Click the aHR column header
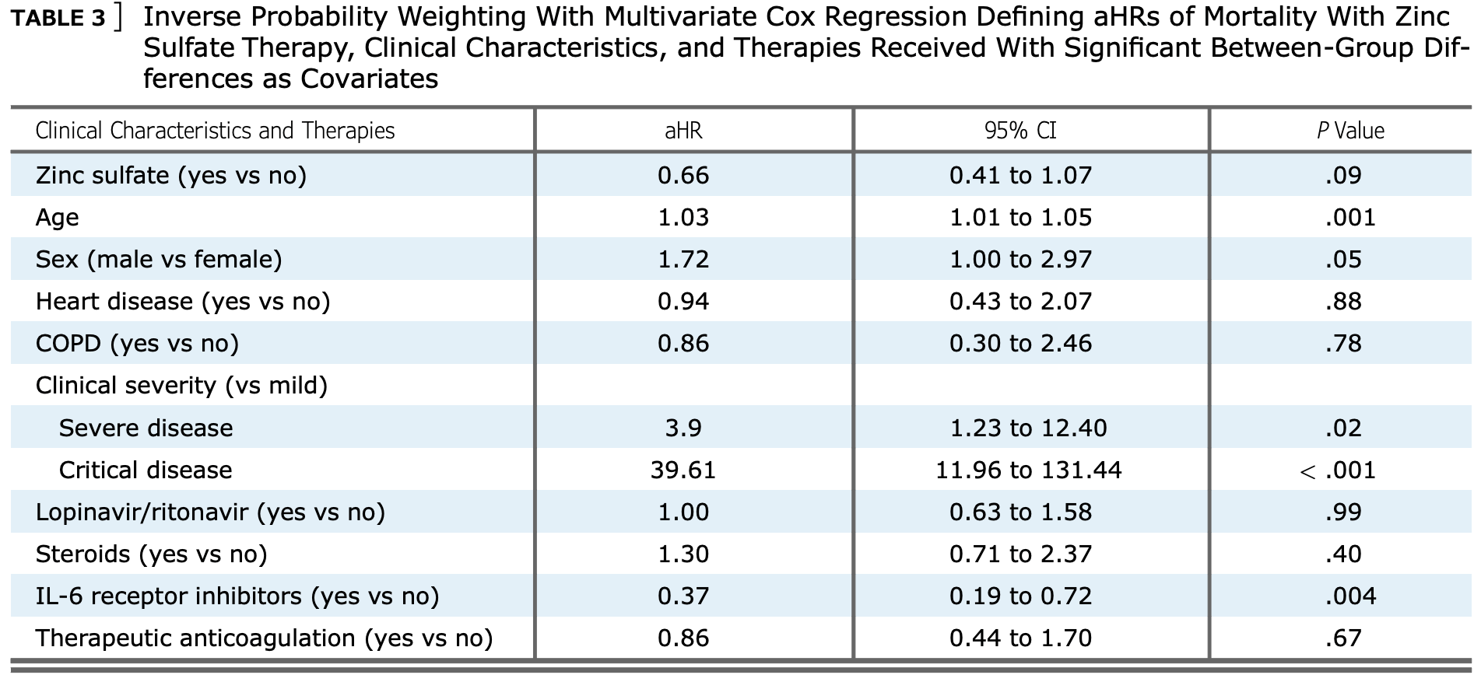[x=683, y=131]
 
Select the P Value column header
[x=1350, y=131]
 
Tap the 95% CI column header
[x=1020, y=131]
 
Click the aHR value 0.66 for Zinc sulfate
[x=683, y=175]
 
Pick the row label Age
[x=57, y=218]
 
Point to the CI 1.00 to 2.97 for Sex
[x=1020, y=259]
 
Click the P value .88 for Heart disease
[x=1343, y=301]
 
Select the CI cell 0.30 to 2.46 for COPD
[x=1020, y=343]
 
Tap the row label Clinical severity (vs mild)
[x=181, y=386]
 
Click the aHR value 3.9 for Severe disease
[x=683, y=428]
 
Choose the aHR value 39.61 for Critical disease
[x=683, y=470]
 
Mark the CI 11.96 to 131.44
[x=1028, y=470]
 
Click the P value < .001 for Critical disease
[x=1338, y=470]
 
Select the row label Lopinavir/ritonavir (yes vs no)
[x=210, y=512]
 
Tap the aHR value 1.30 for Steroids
[x=683, y=554]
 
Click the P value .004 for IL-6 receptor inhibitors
[x=1350, y=596]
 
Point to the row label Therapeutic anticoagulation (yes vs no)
[x=264, y=638]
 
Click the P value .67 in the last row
[x=1343, y=638]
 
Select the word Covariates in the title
[x=369, y=79]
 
